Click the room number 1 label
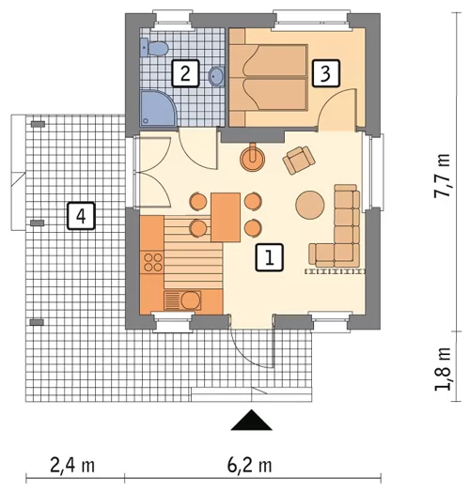(270, 257)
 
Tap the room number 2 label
(185, 73)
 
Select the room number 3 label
(326, 73)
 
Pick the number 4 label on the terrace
(81, 216)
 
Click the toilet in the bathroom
(153, 48)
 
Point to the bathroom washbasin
(216, 76)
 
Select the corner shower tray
(158, 109)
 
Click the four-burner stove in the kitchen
(152, 262)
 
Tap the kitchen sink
(182, 300)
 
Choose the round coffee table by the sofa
(310, 206)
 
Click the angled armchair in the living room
(299, 160)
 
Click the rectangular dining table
(226, 217)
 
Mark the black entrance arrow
(251, 420)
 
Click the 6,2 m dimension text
(249, 466)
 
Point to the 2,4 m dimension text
(72, 466)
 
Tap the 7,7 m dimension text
(442, 176)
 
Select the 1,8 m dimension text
(442, 369)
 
